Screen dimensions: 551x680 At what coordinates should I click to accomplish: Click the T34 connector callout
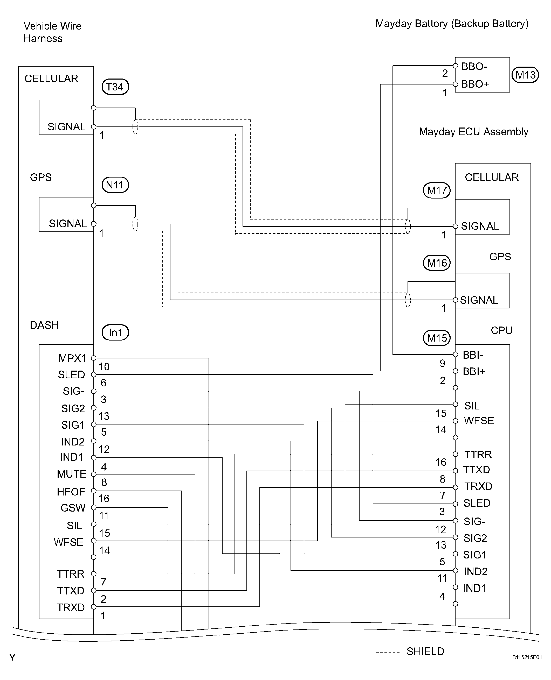point(115,87)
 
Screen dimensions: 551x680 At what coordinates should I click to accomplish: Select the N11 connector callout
point(115,185)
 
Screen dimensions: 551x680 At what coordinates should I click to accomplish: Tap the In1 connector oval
point(115,332)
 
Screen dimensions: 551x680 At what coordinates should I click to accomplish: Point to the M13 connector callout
point(525,75)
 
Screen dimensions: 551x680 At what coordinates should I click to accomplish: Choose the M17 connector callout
point(437,190)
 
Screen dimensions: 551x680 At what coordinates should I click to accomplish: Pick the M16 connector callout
point(437,263)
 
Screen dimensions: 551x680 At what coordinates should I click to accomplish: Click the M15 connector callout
point(437,338)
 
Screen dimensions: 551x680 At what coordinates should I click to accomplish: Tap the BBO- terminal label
point(474,67)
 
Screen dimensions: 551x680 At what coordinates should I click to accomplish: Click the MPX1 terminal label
point(72,358)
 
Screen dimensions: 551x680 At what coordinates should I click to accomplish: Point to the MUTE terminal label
point(72,474)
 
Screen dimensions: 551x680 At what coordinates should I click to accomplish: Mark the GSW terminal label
point(73,508)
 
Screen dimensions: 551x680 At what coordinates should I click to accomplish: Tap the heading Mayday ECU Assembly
point(473,132)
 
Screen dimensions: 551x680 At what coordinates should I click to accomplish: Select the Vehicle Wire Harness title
point(52,32)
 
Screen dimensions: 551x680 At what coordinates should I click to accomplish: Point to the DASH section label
point(44,325)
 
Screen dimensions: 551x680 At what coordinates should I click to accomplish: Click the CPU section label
point(501,331)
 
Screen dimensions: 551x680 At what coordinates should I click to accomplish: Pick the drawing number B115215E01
point(527,657)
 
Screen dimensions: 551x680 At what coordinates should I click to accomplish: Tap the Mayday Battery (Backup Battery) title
point(452,24)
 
